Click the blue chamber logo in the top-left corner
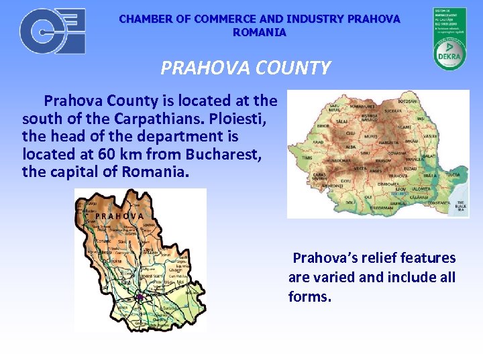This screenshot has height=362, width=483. pos(52,31)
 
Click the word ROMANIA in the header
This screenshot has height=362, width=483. pos(259,32)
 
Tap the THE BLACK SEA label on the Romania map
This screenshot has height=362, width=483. pos(461,206)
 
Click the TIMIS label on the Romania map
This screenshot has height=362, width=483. pos(306,156)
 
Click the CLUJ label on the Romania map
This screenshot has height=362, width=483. pos(350,133)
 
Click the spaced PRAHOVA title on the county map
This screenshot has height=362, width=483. pos(119,216)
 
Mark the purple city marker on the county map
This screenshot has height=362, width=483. pos(140,296)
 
